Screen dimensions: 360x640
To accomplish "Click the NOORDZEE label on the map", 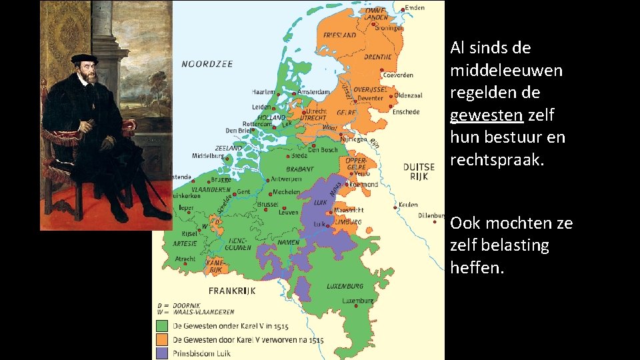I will (x=207, y=64).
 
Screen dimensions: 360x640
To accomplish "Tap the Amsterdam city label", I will (x=315, y=91).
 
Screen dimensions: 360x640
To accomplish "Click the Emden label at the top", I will (x=415, y=7).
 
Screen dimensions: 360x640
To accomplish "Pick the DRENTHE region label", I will (x=378, y=57).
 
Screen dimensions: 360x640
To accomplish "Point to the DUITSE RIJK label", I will (x=419, y=171).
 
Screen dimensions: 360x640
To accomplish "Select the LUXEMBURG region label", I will (x=345, y=286).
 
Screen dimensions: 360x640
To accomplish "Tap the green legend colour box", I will (x=162, y=326).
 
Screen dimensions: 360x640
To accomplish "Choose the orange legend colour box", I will (x=162, y=339).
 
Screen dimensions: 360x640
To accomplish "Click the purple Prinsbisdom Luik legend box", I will (x=162, y=353).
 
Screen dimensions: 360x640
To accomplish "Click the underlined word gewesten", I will (x=486, y=115).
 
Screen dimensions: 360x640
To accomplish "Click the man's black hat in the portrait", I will (x=85, y=59).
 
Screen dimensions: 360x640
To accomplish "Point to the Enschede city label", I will (x=405, y=112).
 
